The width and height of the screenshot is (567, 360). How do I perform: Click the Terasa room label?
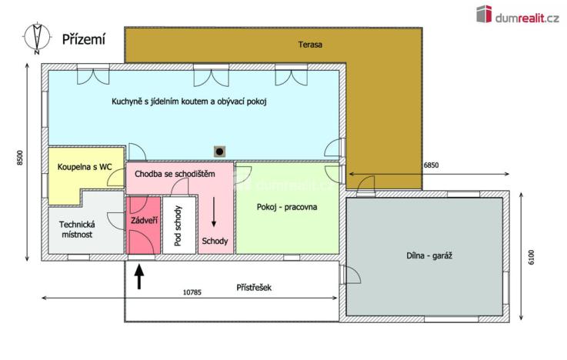click(311, 45)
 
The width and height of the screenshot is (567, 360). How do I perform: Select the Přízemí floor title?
click(84, 38)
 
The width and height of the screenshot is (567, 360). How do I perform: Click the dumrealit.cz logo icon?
click(484, 13)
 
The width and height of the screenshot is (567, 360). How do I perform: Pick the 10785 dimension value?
click(192, 292)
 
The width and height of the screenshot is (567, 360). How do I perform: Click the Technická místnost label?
click(76, 229)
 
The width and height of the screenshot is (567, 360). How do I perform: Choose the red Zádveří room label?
click(144, 221)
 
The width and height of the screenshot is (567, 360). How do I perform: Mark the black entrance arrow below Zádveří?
click(139, 275)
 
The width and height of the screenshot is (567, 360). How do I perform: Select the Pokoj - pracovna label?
click(287, 207)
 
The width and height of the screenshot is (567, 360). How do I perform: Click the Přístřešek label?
click(254, 288)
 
